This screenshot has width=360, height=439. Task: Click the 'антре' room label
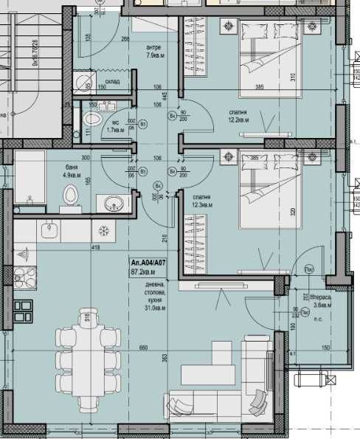click(155, 47)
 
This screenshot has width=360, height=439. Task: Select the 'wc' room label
click(115, 122)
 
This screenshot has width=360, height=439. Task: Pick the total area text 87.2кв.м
click(145, 272)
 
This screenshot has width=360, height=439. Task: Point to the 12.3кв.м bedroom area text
click(202, 206)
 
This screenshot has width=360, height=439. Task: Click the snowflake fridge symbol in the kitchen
click(104, 231)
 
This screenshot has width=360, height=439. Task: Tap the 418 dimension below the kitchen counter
click(94, 247)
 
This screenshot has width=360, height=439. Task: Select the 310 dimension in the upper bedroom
click(292, 76)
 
